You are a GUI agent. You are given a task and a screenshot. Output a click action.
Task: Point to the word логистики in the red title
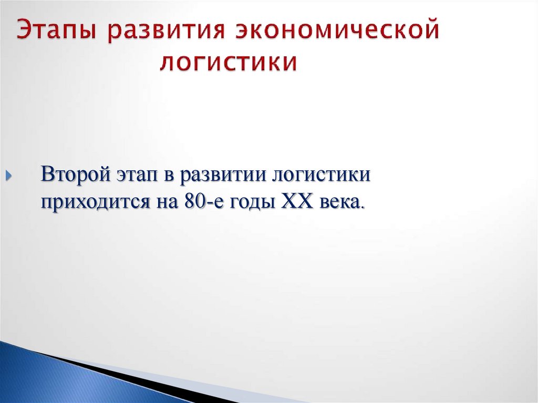[229, 63]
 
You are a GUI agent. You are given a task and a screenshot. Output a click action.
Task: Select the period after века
[361, 206]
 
